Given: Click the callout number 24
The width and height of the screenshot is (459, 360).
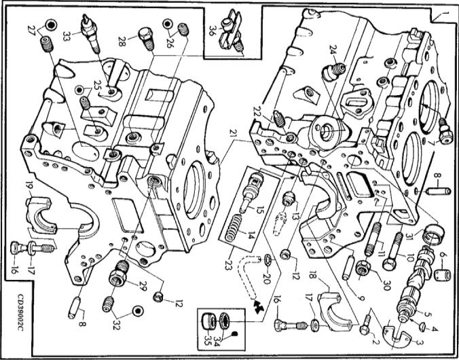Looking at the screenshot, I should point(333,49).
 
